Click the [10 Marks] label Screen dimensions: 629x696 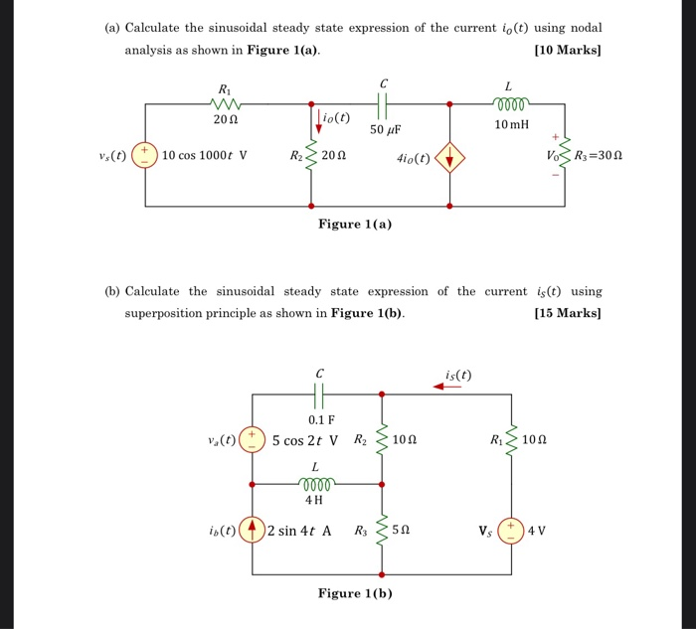click(x=568, y=49)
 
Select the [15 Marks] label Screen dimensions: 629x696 click(x=568, y=312)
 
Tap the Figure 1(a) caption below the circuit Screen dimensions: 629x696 click(x=355, y=224)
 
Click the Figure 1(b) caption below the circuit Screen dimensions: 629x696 click(x=355, y=593)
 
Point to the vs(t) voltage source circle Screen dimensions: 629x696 click(x=146, y=155)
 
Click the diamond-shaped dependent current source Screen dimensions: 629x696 click(x=450, y=156)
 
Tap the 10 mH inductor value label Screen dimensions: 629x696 click(x=515, y=124)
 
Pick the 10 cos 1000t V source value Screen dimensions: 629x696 click(x=205, y=156)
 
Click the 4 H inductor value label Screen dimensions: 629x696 click(x=317, y=500)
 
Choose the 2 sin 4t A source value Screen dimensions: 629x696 click(x=299, y=530)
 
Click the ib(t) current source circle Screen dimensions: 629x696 click(x=253, y=530)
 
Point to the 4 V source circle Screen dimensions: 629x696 click(x=513, y=530)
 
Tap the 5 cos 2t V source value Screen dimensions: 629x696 click(x=305, y=439)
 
